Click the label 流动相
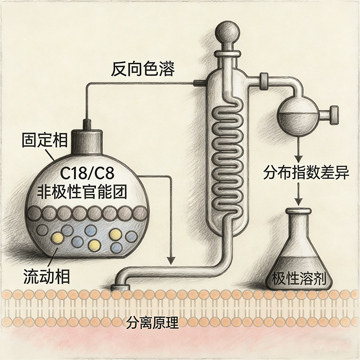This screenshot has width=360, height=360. [46, 277]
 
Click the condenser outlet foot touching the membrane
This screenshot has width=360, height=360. [120, 287]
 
